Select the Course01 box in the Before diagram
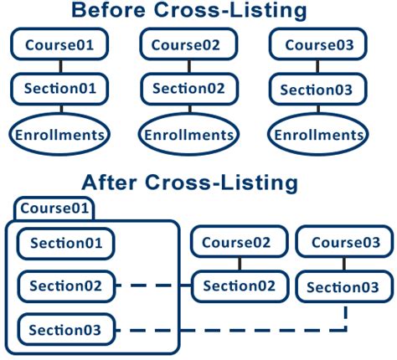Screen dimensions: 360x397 pyautogui.click(x=59, y=44)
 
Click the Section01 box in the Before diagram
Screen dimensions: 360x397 pyautogui.click(x=59, y=88)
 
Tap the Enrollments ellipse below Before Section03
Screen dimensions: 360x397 pyautogui.click(x=321, y=134)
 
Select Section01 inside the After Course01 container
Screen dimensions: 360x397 pyautogui.click(x=65, y=244)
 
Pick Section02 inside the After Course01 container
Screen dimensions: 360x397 pyautogui.click(x=65, y=286)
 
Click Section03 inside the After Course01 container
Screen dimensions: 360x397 pyautogui.click(x=65, y=330)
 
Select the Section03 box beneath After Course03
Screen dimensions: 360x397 pyautogui.click(x=345, y=287)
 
